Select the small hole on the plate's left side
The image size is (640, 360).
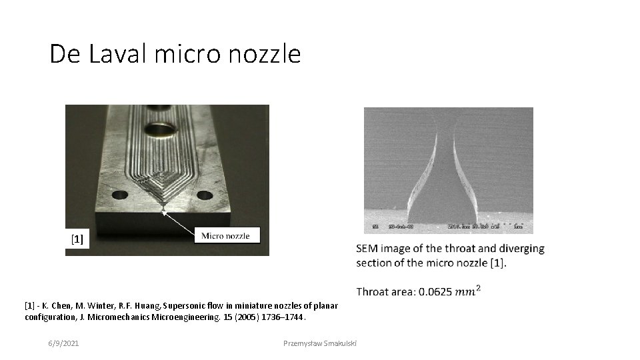(x=120, y=195)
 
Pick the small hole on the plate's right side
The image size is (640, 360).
(x=205, y=195)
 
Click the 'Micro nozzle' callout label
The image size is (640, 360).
(x=226, y=235)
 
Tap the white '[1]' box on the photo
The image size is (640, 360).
(x=77, y=239)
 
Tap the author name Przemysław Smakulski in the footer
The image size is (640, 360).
(x=320, y=343)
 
